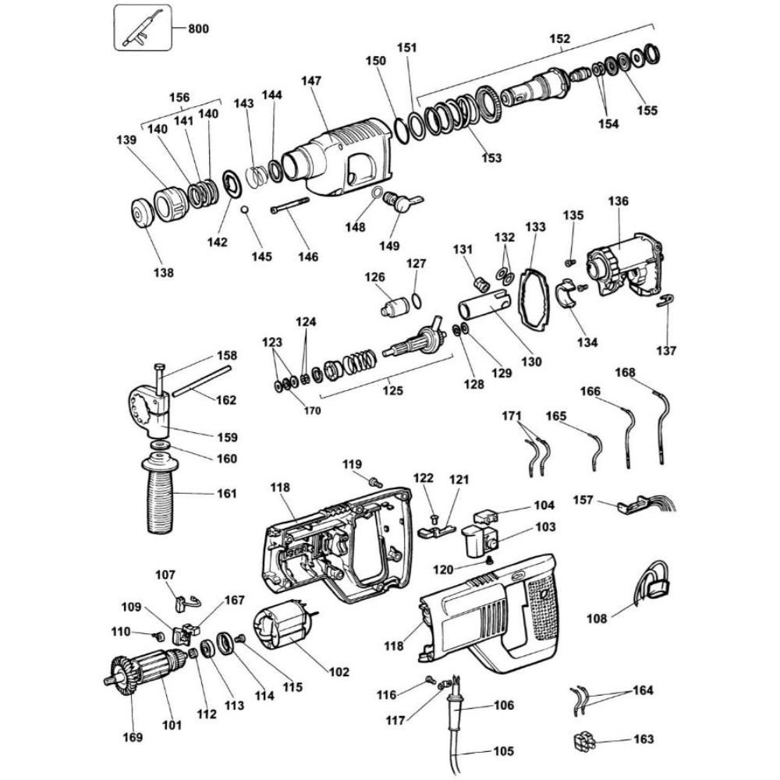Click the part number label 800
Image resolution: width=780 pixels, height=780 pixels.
(x=198, y=29)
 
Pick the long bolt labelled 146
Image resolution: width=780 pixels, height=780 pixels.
(x=289, y=206)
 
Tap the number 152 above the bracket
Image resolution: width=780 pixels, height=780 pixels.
(x=559, y=38)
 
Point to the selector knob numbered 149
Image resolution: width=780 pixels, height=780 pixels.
(x=403, y=204)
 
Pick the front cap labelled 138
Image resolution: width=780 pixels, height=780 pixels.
(x=143, y=215)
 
